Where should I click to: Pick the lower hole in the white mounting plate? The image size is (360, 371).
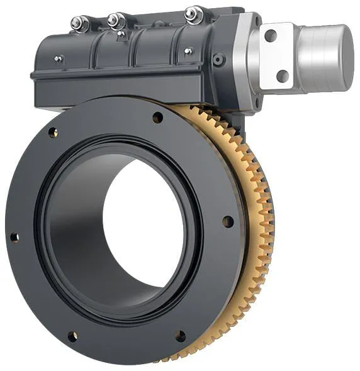pos(283,76)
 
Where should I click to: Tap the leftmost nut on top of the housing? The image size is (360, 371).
pos(79,24)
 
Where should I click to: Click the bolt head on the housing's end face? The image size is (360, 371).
pos(219,60)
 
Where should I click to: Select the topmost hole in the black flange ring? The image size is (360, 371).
pos(157,118)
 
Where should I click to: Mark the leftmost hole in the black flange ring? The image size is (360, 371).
pos(14,237)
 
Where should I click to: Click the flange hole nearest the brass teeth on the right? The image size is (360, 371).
pos(228,221)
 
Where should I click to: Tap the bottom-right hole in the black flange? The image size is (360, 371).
pos(181,336)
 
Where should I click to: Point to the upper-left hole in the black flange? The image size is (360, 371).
pos(53,133)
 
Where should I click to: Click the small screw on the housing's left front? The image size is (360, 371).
pos(59,59)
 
